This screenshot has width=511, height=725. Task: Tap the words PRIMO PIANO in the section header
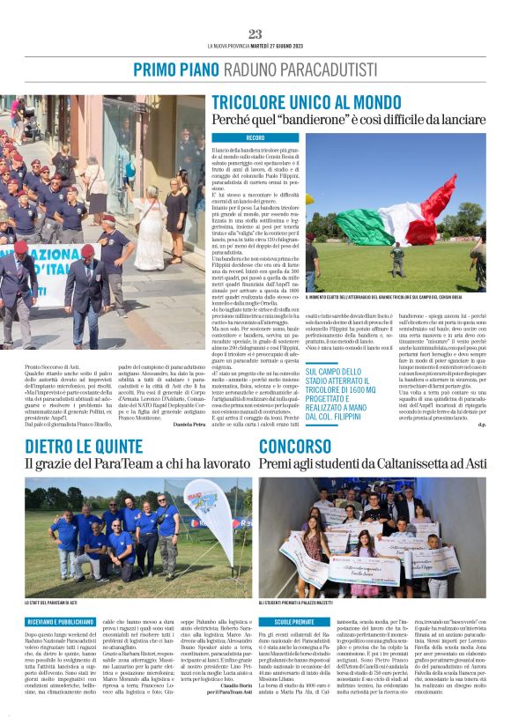click(x=172, y=70)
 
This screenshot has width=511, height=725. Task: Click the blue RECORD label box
click(x=255, y=138)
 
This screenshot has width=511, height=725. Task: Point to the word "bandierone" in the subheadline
click(x=292, y=119)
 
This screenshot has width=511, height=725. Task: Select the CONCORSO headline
click(x=294, y=446)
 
